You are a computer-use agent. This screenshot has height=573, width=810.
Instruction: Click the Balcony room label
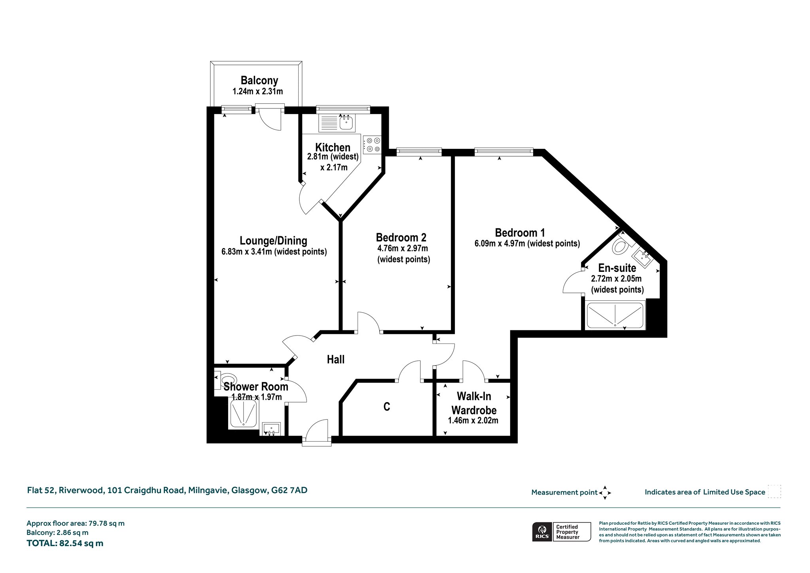click(x=259, y=81)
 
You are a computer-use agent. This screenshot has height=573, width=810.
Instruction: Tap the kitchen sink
click(x=346, y=122)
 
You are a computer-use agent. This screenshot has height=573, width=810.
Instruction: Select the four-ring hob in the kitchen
click(x=372, y=144)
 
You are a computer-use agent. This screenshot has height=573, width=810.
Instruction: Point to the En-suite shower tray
click(x=615, y=315)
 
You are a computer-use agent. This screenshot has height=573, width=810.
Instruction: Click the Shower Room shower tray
click(x=243, y=414)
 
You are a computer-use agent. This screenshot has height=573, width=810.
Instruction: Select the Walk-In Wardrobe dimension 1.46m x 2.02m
click(x=473, y=421)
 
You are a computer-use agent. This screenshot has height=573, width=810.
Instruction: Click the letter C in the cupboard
click(x=387, y=407)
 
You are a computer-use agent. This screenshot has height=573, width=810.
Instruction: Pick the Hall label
click(x=335, y=359)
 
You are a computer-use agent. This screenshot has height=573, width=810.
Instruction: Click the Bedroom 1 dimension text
click(x=527, y=243)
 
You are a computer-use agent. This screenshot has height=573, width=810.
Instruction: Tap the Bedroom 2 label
click(x=401, y=237)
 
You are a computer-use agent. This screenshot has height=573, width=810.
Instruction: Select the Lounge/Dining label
click(x=273, y=241)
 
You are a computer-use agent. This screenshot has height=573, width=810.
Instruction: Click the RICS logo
click(x=542, y=531)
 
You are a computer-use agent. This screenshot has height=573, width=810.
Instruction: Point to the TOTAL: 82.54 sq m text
click(x=65, y=543)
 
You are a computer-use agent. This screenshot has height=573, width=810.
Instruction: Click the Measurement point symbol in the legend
click(x=605, y=493)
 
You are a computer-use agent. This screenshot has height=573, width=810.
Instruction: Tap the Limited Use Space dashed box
click(x=774, y=491)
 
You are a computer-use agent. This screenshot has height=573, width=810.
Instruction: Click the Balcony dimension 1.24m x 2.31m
click(x=257, y=91)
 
